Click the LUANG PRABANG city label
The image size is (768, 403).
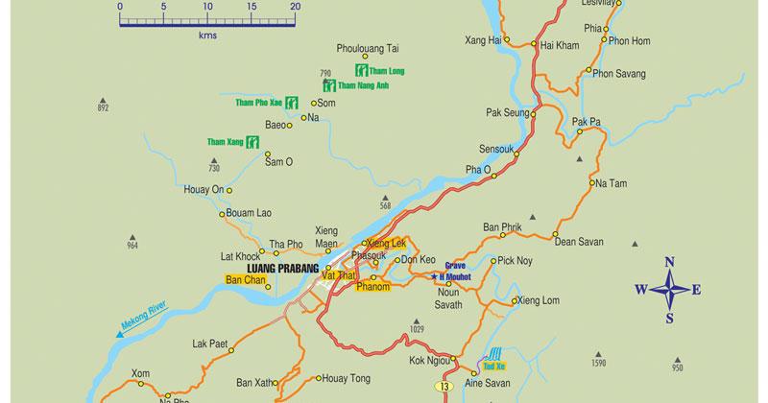click(x=276, y=268)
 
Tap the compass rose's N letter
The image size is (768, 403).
click(x=670, y=262)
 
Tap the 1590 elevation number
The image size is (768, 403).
click(x=599, y=365)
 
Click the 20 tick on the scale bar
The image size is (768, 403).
click(x=296, y=7)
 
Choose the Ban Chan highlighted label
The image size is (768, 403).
click(x=245, y=280)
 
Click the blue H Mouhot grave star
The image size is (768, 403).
click(x=434, y=277)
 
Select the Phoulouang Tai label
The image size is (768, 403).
click(x=367, y=47)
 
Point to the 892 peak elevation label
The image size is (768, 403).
click(x=104, y=108)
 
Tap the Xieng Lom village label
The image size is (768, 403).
click(x=539, y=300)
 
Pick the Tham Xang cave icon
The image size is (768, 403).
click(x=252, y=143)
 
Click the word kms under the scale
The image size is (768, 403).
click(x=206, y=35)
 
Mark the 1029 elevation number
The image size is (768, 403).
click(x=416, y=330)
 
